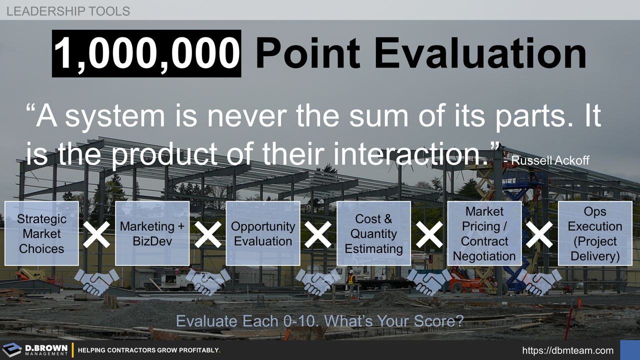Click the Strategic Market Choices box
41,233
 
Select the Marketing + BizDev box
152,233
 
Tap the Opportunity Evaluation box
263,233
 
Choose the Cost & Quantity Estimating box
373,233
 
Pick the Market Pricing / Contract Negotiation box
484,233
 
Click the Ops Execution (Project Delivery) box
595,233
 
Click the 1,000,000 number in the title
146,53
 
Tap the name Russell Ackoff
550,160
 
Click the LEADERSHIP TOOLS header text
68,11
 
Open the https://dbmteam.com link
567,350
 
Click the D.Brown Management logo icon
11,350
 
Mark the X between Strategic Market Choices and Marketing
96,234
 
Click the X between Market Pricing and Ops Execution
539,234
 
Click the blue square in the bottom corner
629,350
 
